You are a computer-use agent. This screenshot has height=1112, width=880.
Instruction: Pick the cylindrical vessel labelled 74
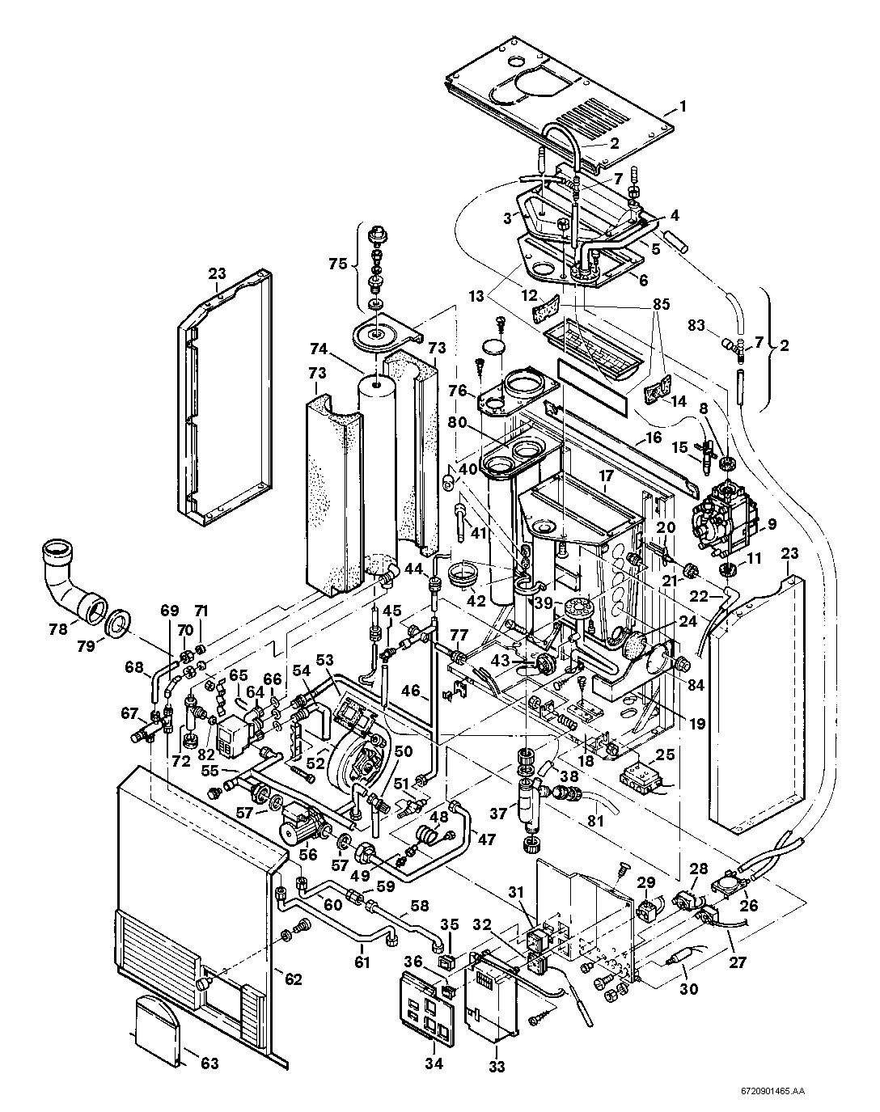tap(378, 469)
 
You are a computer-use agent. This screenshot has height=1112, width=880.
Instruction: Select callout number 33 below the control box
tap(497, 1067)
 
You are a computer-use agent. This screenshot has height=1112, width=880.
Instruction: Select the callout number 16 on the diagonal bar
tap(654, 438)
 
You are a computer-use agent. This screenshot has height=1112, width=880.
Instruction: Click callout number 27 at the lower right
tap(738, 962)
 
